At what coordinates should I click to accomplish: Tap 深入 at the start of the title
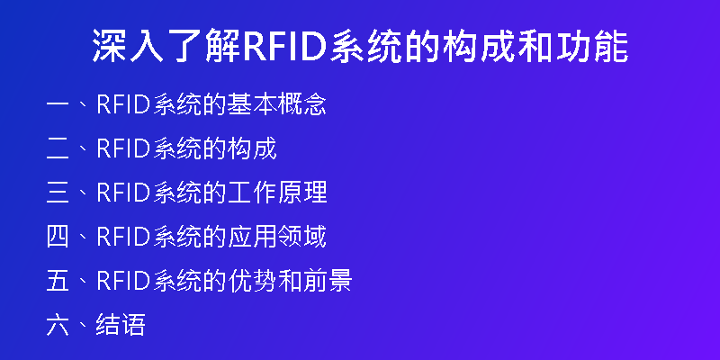[x=128, y=46]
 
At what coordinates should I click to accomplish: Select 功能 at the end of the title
[x=592, y=46]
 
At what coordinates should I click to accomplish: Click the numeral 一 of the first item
[x=58, y=105]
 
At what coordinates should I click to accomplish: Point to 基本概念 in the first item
[x=277, y=104]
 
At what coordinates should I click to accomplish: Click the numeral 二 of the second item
[x=58, y=148]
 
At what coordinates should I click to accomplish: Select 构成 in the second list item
[x=252, y=148]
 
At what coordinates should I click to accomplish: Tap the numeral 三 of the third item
[x=58, y=193]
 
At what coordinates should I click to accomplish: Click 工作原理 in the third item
[x=277, y=193]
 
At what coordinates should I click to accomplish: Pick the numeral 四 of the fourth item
[x=58, y=237]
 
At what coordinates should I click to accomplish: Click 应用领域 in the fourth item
[x=277, y=237]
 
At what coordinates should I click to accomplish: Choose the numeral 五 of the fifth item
[x=58, y=281]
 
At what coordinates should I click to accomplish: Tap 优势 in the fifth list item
[x=252, y=281]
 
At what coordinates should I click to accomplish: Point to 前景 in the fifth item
[x=327, y=281]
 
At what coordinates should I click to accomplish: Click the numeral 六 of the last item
[x=58, y=325]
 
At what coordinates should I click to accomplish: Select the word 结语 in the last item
[x=121, y=325]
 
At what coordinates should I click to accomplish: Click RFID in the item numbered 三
[x=124, y=193]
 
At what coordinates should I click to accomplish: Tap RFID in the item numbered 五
[x=124, y=281]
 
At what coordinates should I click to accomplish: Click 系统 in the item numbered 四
[x=177, y=237]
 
